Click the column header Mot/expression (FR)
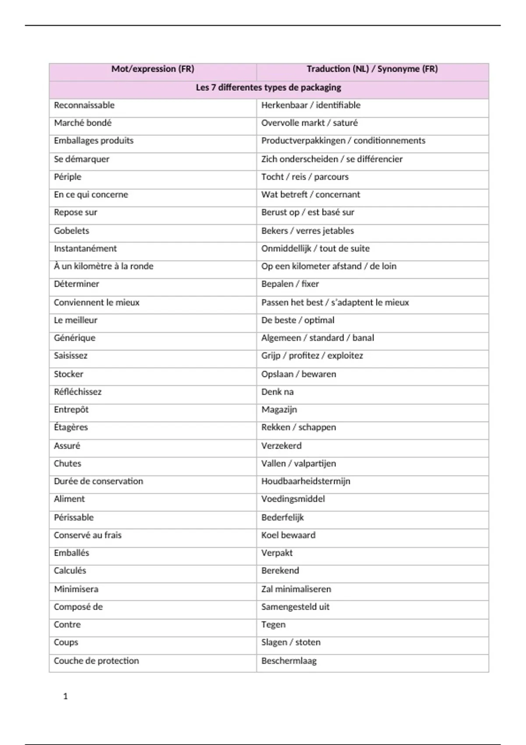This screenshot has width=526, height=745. (153, 69)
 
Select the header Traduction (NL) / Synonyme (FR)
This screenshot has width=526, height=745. (372, 69)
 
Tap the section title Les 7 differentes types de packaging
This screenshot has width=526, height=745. (268, 87)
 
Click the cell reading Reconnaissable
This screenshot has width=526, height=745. (84, 105)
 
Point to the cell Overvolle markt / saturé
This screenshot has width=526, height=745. (309, 123)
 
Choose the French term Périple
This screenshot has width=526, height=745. (68, 177)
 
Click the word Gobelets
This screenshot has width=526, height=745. (71, 231)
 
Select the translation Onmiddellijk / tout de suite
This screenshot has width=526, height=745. (315, 248)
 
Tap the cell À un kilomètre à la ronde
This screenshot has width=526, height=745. (103, 266)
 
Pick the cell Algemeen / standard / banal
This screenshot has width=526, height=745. (317, 338)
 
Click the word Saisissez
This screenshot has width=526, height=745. (71, 355)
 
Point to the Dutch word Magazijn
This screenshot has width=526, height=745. (279, 409)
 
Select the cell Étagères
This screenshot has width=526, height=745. (71, 427)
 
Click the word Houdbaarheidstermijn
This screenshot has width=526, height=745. (306, 481)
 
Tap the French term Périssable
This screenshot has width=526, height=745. (74, 517)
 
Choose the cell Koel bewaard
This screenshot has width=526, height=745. (288, 535)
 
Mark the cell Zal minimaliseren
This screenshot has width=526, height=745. (296, 589)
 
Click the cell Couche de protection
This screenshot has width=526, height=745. (96, 661)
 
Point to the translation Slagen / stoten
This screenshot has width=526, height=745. (291, 642)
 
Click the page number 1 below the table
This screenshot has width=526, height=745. (66, 696)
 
